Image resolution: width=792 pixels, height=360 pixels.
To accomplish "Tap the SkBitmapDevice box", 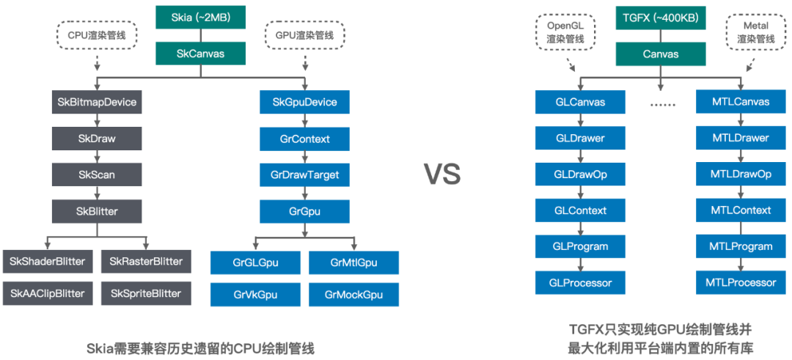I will coord(97,102).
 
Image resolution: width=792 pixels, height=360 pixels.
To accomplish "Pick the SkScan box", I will coord(97,175).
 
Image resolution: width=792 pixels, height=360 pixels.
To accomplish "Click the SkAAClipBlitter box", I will coord(48,293).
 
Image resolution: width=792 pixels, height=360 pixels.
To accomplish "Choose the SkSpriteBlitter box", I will coord(145,293).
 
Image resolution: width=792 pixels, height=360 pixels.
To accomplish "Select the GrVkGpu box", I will coord(255,293).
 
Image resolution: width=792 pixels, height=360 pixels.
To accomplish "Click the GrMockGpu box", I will coord(353,293).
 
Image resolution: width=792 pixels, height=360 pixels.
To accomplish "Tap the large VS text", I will coord(443,174).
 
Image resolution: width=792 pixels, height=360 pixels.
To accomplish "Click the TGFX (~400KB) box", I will coord(660,17).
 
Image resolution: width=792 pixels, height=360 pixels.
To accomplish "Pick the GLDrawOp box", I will coord(581,175).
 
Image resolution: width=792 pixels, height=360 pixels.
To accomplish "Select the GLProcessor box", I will coord(581,282).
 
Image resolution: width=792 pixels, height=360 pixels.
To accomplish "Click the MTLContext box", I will coord(741,210).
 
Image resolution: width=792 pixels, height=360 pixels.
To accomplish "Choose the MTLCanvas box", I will coord(741,102).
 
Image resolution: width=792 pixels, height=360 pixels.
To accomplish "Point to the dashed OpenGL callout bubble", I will coord(565,32).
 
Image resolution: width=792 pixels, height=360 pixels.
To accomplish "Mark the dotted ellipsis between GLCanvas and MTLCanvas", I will coord(662,104).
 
